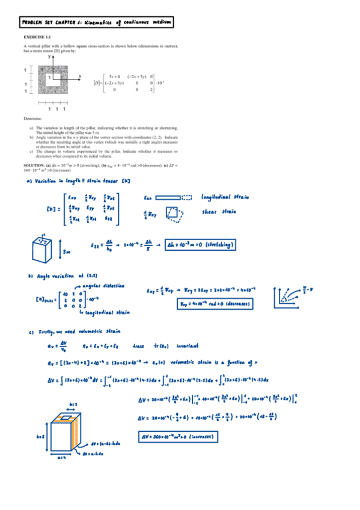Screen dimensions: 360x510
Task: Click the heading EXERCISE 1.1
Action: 37,37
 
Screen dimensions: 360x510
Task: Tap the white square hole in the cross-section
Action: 52,77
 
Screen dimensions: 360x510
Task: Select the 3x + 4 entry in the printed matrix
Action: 114,76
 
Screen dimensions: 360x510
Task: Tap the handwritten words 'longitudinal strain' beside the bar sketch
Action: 226,197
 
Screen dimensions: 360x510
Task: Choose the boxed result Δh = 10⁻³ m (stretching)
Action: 200,245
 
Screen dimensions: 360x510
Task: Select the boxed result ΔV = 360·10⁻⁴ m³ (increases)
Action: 178,435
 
